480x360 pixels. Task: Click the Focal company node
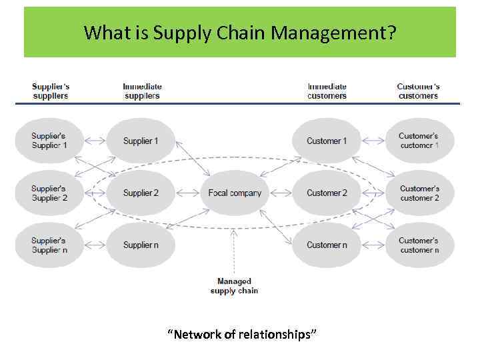[x=235, y=193]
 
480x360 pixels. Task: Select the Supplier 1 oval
[x=141, y=141]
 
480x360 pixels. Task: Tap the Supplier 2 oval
[x=141, y=193]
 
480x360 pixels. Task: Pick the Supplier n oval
[x=141, y=245]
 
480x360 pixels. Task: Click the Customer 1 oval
[x=327, y=141]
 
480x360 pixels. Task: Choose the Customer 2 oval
[x=327, y=193]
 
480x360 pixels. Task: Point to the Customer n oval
[x=327, y=245]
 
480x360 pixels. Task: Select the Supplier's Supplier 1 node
[x=49, y=141]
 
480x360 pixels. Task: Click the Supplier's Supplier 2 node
[x=49, y=193]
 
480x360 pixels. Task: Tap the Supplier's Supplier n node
[x=49, y=245]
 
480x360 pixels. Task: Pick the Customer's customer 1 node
[x=419, y=141]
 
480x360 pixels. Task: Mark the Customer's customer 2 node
[x=419, y=193]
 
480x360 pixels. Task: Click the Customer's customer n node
[x=419, y=245]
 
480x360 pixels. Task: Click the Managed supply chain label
[x=234, y=286]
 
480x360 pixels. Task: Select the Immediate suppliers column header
[x=142, y=91]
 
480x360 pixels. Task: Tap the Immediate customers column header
[x=327, y=91]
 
